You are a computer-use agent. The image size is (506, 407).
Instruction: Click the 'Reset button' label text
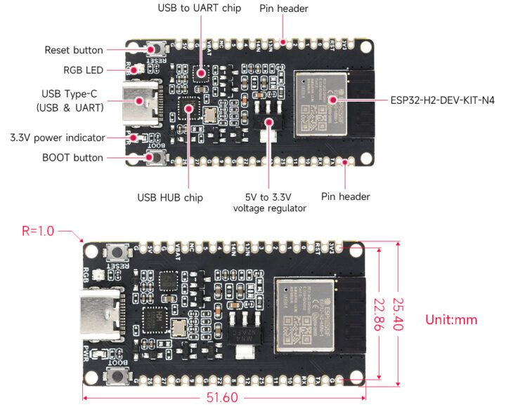73,50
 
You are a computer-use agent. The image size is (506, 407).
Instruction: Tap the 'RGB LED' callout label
83,70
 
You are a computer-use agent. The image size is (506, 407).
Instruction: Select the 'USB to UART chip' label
200,8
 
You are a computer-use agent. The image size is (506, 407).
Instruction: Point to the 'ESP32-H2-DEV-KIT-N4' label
442,100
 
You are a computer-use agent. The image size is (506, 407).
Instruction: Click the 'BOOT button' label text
74,158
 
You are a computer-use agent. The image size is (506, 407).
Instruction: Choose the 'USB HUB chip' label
170,197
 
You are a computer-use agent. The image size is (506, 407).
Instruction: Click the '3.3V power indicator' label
58,137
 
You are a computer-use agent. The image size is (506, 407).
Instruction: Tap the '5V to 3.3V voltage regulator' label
270,202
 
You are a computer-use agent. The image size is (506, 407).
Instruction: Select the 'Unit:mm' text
451,319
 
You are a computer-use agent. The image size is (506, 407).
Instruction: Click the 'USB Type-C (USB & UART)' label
70,100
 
